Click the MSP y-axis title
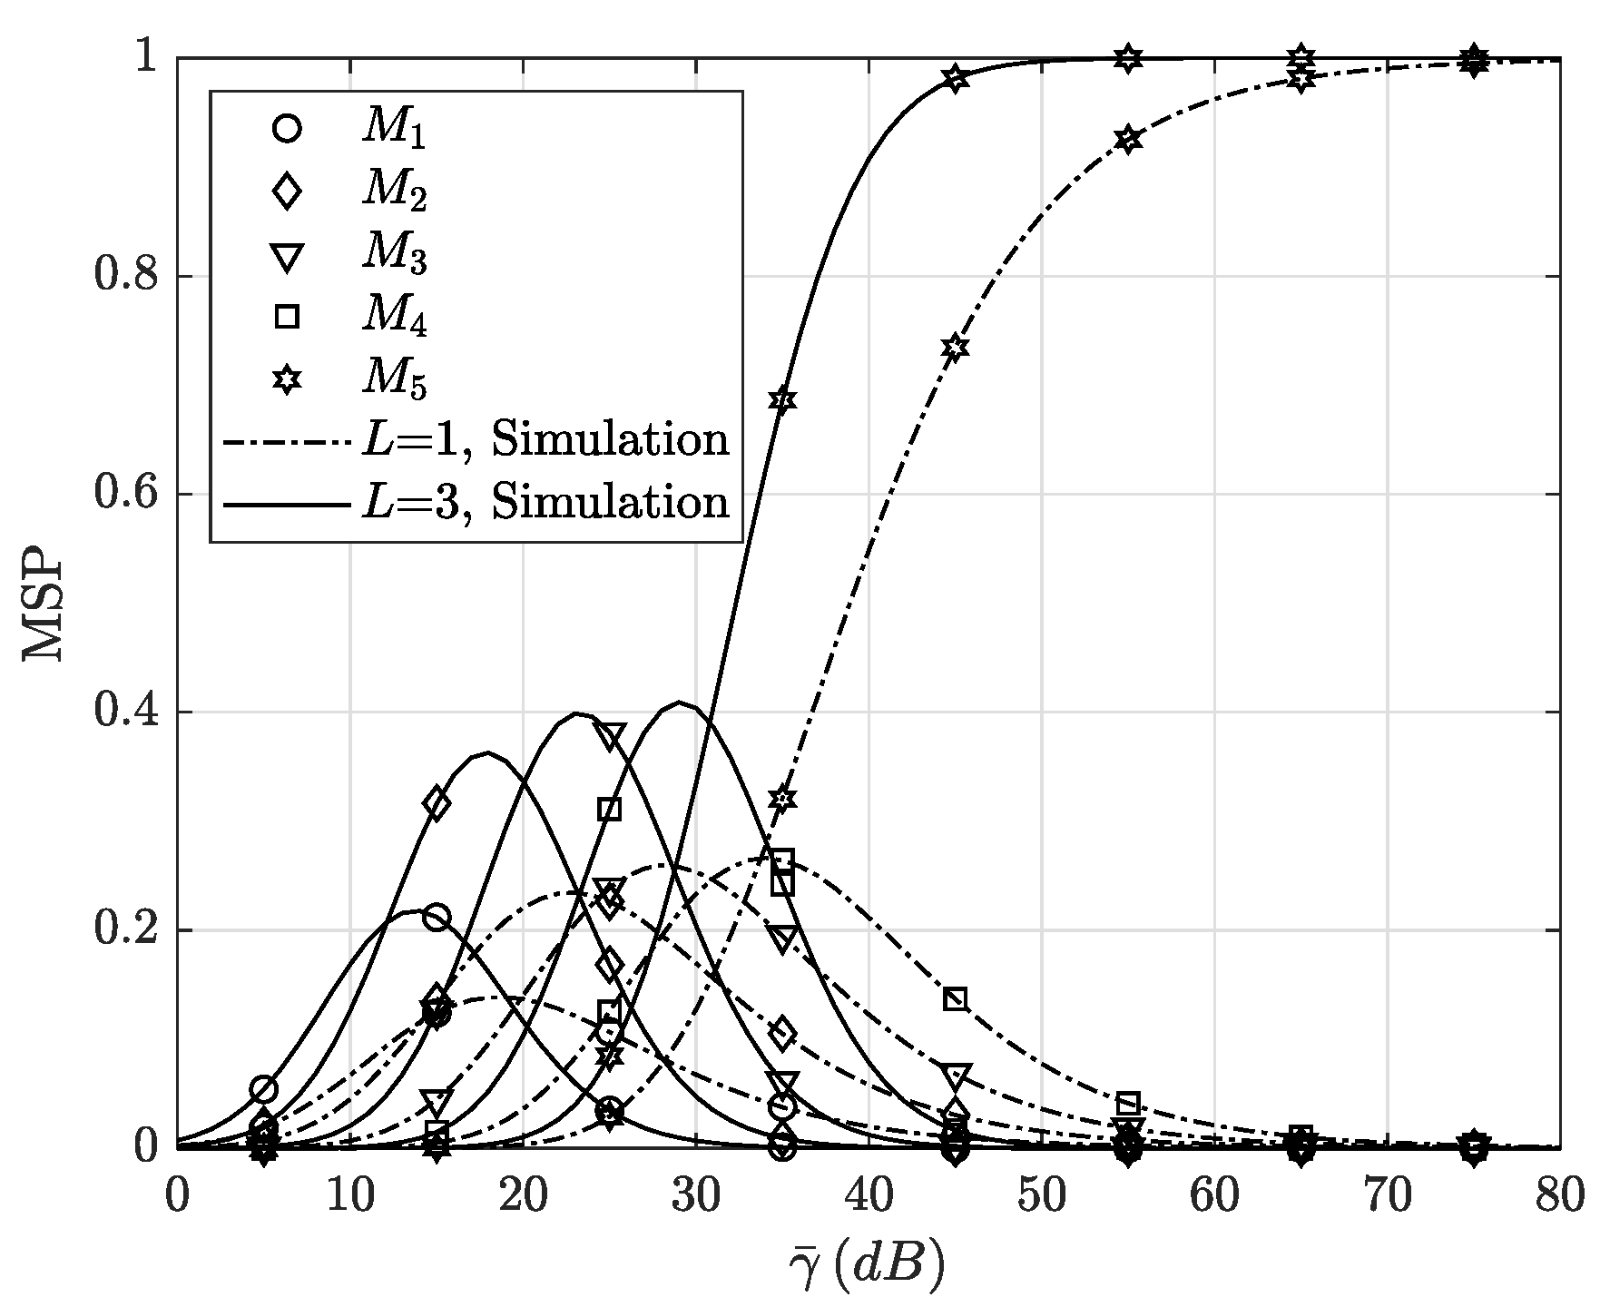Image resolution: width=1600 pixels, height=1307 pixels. coord(44,603)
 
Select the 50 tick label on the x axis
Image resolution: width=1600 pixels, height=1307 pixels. coord(1041,1197)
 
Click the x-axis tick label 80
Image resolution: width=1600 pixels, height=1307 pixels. coord(1559,1197)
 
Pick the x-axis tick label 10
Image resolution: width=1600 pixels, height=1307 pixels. coord(350,1197)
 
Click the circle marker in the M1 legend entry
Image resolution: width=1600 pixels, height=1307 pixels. coord(287,128)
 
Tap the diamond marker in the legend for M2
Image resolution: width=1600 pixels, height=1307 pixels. coord(287,191)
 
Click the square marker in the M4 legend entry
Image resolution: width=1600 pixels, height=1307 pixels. coord(287,317)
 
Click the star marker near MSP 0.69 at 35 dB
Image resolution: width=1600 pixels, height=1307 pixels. coord(782,400)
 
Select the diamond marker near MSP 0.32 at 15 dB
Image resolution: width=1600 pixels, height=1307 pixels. coord(437,803)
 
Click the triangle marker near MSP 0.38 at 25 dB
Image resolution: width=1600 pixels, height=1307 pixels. coord(610,737)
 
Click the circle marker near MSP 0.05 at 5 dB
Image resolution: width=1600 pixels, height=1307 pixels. coord(264,1089)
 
